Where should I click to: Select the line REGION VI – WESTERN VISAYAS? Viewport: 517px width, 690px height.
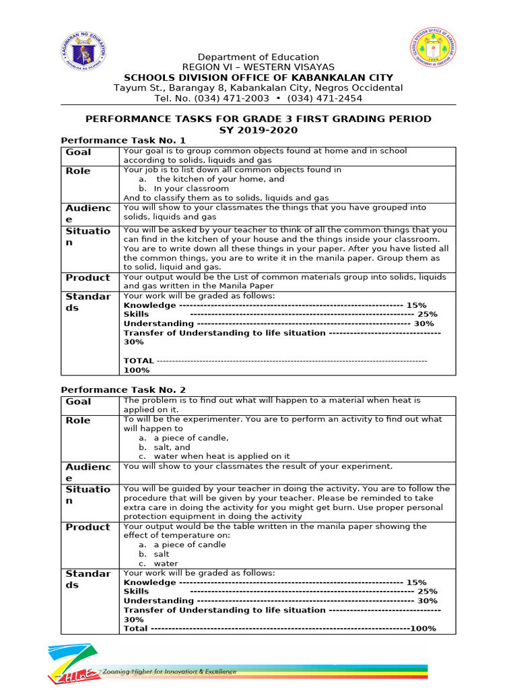pos(258,67)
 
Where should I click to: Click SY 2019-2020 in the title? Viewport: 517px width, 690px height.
pos(258,129)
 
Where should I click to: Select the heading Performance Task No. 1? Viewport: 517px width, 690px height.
pos(123,140)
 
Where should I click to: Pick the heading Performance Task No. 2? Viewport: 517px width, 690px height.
pos(123,389)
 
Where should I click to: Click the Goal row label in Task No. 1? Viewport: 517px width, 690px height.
pos(78,152)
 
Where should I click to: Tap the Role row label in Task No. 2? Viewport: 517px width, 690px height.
pos(78,420)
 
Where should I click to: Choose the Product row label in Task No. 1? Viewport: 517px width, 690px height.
pos(88,278)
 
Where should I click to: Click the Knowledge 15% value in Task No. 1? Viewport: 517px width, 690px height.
pos(416,305)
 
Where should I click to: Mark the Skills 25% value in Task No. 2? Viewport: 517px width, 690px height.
pos(427,592)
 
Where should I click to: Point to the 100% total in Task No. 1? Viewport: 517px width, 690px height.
pos(137,370)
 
